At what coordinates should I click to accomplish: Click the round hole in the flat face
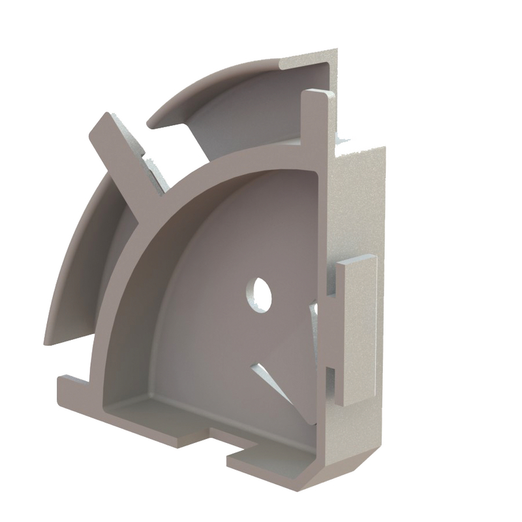(x=259, y=294)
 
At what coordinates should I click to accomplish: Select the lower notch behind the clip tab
(x=331, y=382)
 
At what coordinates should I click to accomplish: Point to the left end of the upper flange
(x=153, y=121)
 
